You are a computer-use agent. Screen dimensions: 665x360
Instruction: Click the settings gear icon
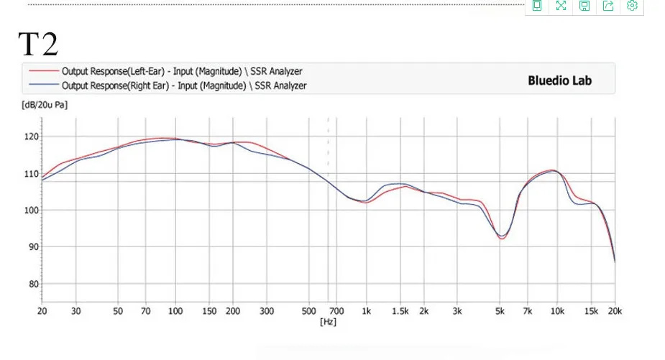click(x=632, y=6)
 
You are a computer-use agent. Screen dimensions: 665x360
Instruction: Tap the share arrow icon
click(x=608, y=6)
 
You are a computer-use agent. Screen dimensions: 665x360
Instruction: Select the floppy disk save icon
click(x=584, y=6)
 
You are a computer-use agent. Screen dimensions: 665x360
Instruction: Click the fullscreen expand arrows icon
click(x=561, y=6)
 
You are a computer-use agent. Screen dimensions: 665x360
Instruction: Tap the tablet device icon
click(x=537, y=6)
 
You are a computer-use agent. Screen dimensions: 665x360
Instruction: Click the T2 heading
click(x=38, y=44)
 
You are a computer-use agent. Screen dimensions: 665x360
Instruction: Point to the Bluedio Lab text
click(x=559, y=80)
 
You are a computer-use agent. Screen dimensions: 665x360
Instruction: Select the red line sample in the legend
click(x=44, y=70)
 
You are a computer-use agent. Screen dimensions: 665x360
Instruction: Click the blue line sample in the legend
click(x=44, y=84)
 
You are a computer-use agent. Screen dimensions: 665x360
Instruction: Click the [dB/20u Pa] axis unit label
click(x=45, y=105)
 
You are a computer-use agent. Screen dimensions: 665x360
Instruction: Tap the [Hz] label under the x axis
click(x=328, y=322)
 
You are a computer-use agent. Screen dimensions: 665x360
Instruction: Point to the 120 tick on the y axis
click(x=31, y=137)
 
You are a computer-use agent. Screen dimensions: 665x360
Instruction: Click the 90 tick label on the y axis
click(x=34, y=246)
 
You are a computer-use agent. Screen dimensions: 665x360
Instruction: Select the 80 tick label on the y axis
click(x=34, y=284)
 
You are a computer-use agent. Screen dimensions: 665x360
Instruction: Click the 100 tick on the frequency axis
click(x=175, y=311)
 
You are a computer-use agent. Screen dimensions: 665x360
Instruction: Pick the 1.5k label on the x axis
click(x=400, y=311)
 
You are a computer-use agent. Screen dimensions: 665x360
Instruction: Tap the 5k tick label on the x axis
click(x=500, y=311)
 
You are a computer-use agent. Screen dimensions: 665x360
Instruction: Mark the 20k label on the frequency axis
click(x=615, y=311)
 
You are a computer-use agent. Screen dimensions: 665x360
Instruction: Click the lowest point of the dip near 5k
click(x=501, y=239)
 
